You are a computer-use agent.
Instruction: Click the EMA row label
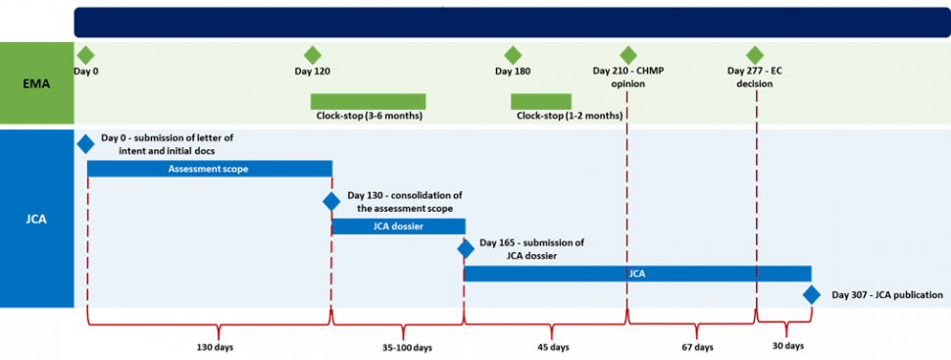[x=36, y=84]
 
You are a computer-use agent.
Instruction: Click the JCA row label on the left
[x=36, y=219]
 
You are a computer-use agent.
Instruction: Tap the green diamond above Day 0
[x=85, y=55]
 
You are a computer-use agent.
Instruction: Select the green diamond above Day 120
[x=312, y=55]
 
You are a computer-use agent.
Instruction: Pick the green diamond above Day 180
[x=512, y=55]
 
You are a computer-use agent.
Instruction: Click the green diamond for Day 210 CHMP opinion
[x=627, y=55]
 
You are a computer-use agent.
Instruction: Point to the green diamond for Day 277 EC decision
[x=754, y=55]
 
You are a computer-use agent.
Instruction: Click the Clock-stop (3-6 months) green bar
[x=368, y=101]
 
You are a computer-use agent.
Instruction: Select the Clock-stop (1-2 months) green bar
[x=540, y=101]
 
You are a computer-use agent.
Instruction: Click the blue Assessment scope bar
[x=209, y=169]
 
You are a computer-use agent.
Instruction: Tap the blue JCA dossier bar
[x=398, y=227]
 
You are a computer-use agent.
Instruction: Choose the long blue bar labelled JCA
[x=637, y=274]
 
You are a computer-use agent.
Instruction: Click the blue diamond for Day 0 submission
[x=86, y=143]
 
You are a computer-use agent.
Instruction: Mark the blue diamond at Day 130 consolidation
[x=331, y=201]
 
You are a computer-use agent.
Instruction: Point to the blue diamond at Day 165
[x=465, y=248]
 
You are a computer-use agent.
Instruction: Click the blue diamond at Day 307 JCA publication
[x=812, y=294]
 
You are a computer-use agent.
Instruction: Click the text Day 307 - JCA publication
[x=886, y=294]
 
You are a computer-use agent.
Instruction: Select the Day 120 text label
[x=312, y=71]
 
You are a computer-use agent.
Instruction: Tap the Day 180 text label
[x=512, y=71]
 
